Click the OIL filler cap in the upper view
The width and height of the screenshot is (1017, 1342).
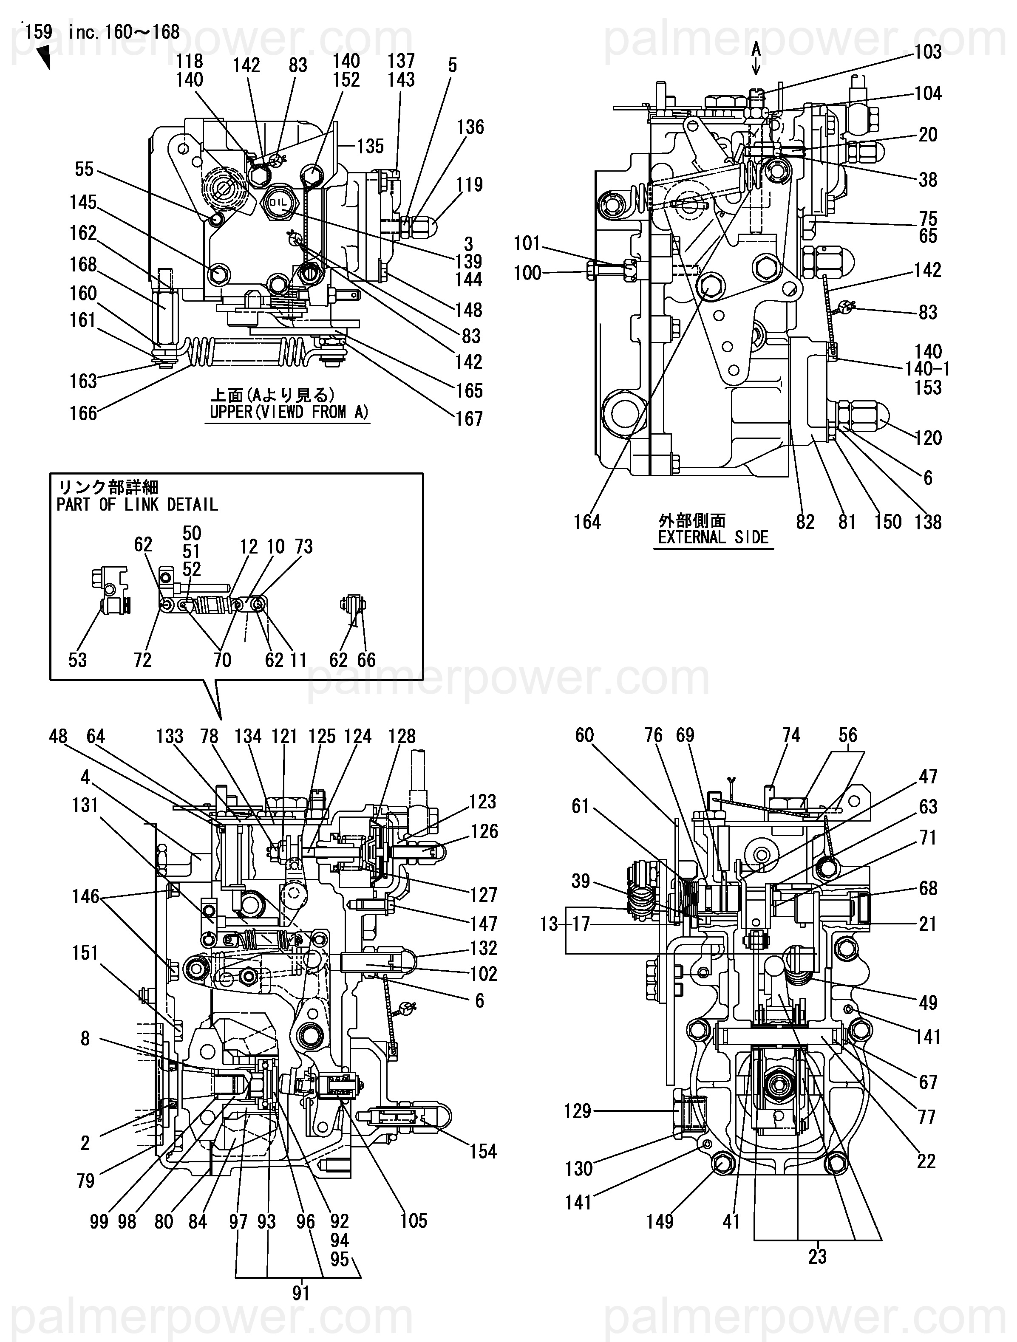click(279, 202)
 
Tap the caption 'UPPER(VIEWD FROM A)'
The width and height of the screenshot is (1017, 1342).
click(289, 412)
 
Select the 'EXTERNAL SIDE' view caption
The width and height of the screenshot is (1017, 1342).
click(713, 537)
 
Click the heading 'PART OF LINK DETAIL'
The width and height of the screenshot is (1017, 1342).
click(137, 504)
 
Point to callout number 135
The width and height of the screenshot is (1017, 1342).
click(370, 146)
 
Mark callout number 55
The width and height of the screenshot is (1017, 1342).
click(84, 169)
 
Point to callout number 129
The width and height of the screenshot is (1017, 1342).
click(577, 1111)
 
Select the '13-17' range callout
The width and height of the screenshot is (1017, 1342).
click(565, 924)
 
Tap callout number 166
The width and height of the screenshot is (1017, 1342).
click(83, 413)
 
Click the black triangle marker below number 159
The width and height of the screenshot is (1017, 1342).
click(43, 58)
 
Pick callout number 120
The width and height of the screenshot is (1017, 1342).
click(928, 438)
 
